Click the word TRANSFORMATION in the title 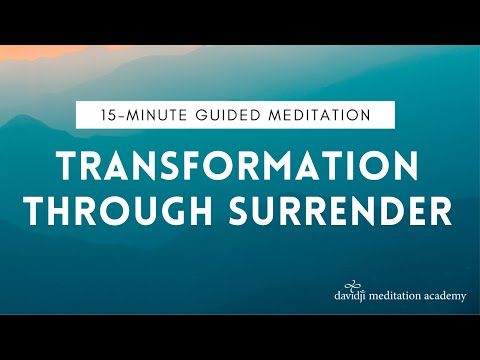tap(240, 164)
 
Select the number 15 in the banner tap(97, 115)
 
